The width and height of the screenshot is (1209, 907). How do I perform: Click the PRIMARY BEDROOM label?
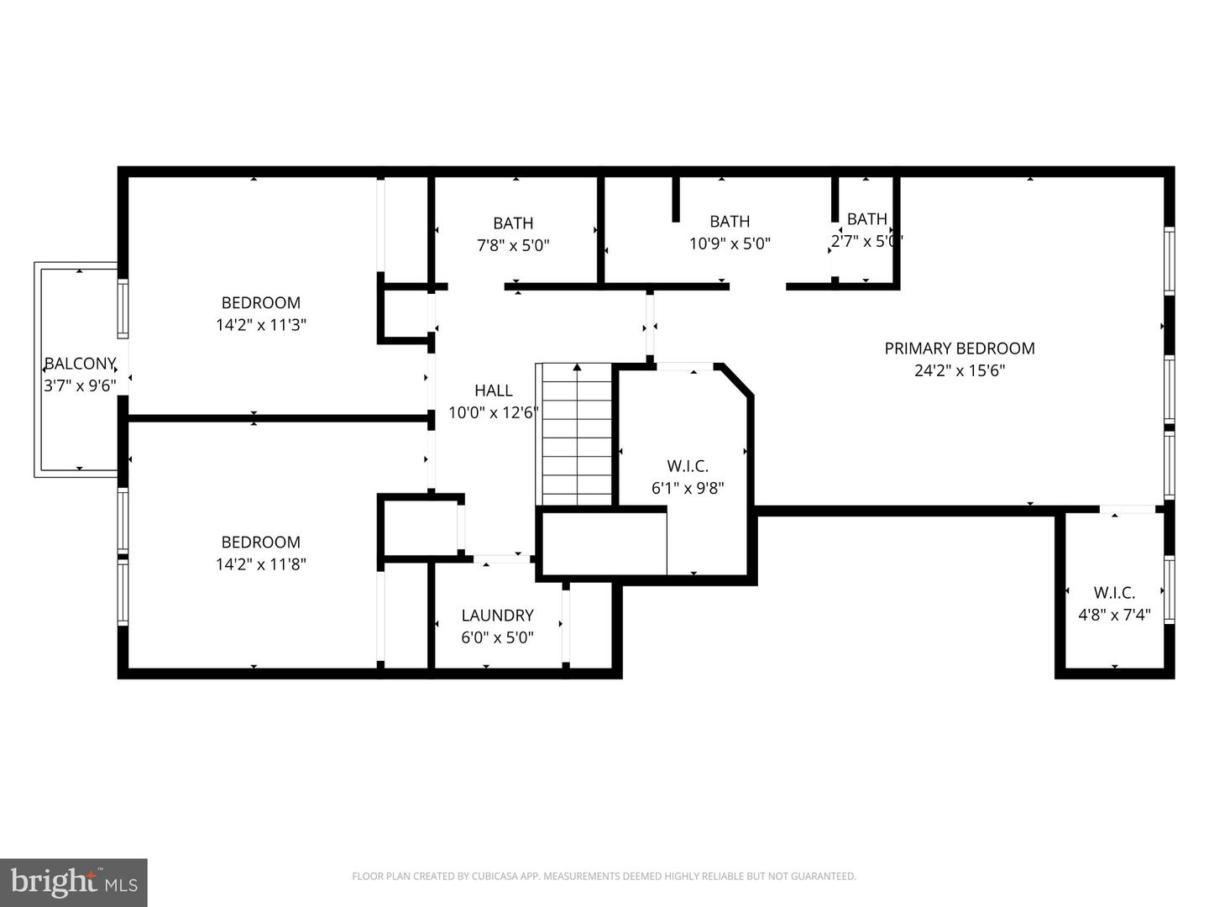[x=959, y=348]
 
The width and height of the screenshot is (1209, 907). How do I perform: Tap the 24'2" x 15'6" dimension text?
[x=959, y=370]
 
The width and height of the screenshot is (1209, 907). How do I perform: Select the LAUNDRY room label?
[x=497, y=615]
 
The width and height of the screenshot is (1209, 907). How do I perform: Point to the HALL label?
[x=493, y=390]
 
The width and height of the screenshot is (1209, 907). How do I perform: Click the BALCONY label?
[x=79, y=364]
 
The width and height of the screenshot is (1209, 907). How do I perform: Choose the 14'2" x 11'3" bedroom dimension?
[x=260, y=325]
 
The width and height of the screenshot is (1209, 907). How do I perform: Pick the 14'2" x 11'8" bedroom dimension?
[x=260, y=564]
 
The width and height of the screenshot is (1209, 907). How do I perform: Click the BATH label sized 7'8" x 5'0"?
[x=512, y=223]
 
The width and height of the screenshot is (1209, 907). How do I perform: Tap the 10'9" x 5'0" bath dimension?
[x=729, y=244]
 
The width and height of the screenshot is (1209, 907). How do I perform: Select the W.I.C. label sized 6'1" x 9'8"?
[x=687, y=465]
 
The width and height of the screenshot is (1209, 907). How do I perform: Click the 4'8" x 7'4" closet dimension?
[x=1113, y=615]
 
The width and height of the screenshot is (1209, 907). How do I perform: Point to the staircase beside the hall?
[x=577, y=437]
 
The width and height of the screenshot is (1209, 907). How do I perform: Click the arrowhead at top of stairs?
[x=577, y=367]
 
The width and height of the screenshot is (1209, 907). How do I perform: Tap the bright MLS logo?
[x=73, y=882]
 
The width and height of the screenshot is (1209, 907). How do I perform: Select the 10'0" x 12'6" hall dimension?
[x=493, y=412]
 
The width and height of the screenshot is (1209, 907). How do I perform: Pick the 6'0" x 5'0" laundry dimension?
[x=497, y=637]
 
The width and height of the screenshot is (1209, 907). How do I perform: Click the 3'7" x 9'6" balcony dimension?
[x=79, y=386]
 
